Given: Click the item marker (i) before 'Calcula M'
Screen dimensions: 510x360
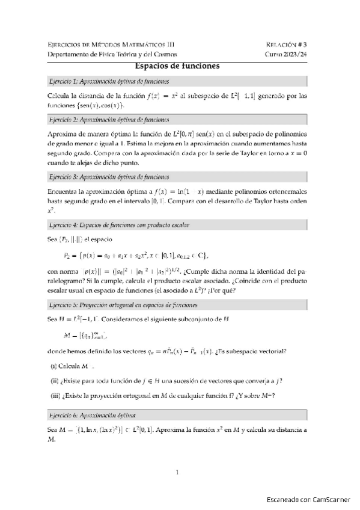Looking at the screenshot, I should pos(53,367).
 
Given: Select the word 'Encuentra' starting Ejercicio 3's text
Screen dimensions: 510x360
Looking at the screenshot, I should pos(64,191).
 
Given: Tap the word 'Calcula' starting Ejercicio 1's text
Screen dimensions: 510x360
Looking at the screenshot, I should pos(59,96).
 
